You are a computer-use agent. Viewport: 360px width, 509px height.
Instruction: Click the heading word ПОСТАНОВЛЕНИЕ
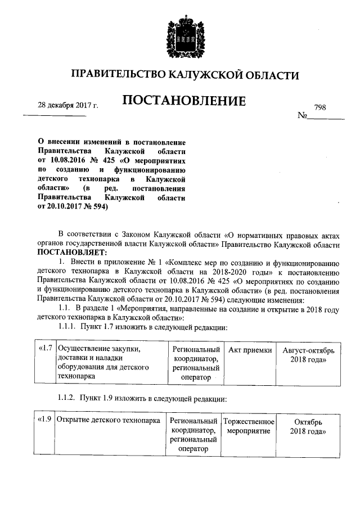(x=184, y=101)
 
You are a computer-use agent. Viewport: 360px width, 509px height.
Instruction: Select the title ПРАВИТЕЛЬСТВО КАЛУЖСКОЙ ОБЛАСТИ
(x=184, y=75)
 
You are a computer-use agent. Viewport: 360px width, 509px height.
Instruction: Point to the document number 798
(x=321, y=107)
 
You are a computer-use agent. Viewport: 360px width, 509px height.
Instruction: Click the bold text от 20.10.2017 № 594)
(x=72, y=207)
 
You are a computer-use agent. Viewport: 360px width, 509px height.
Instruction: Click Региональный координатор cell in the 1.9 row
(x=193, y=435)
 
